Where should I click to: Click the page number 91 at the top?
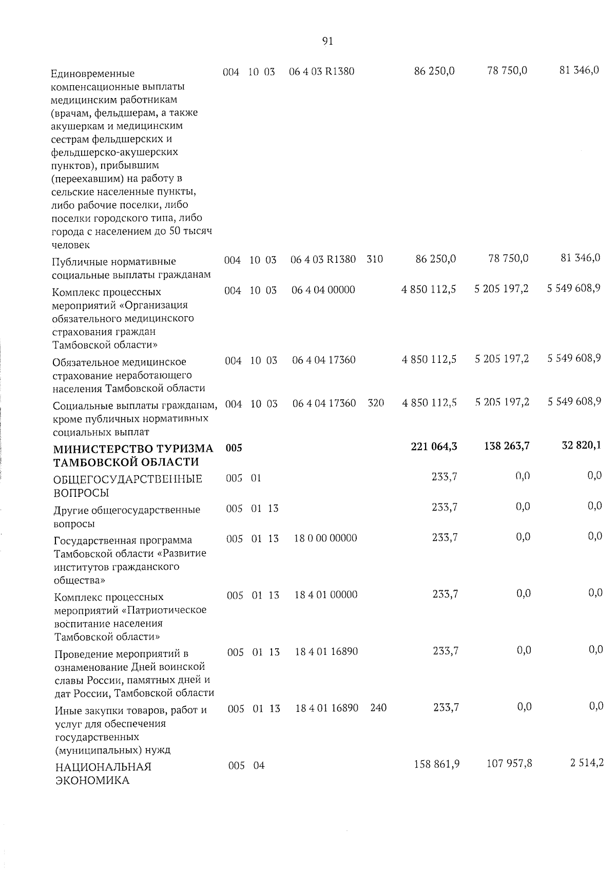(328, 42)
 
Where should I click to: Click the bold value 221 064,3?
(434, 447)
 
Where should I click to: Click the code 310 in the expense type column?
(375, 259)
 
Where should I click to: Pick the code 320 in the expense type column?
(376, 403)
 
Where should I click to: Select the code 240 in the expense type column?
(378, 708)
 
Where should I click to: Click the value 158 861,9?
(436, 764)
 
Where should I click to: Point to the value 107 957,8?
(509, 764)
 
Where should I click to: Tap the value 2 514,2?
(586, 763)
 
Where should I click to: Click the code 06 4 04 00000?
(323, 289)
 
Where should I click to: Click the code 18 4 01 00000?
(326, 594)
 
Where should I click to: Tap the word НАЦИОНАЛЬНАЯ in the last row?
(103, 767)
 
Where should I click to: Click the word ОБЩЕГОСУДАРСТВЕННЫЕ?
(128, 479)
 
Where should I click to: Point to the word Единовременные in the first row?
(93, 73)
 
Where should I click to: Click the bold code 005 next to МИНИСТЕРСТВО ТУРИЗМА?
(234, 448)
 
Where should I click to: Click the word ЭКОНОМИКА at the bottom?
(92, 781)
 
